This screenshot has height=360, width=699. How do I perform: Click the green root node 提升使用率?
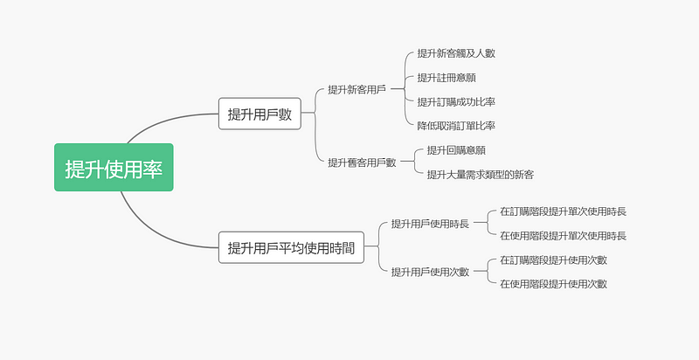(x=114, y=167)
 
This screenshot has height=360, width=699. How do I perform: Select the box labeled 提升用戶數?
(x=260, y=114)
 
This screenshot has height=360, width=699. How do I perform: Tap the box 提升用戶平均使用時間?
(x=291, y=247)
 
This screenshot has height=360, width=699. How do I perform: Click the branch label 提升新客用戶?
(x=357, y=89)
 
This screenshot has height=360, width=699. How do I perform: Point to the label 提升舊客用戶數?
(x=362, y=163)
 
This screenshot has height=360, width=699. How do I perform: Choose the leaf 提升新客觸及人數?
(x=456, y=53)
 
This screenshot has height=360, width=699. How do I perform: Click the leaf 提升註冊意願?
(x=446, y=78)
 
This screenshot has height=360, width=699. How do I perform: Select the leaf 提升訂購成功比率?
(x=456, y=101)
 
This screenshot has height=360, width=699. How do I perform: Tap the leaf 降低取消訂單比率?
(x=456, y=126)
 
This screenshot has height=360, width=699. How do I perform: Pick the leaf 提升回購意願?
(x=456, y=150)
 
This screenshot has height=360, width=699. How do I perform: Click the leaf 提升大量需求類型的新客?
(x=480, y=174)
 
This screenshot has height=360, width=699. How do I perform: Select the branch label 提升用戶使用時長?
(x=430, y=223)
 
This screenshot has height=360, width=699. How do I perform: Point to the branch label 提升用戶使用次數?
(x=430, y=272)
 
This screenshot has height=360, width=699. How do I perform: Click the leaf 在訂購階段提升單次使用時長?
(x=563, y=211)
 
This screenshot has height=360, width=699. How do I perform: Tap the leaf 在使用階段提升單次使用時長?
(x=563, y=235)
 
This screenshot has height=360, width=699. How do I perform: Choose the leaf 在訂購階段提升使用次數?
(x=553, y=260)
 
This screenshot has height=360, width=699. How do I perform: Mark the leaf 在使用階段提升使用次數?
(x=553, y=284)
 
